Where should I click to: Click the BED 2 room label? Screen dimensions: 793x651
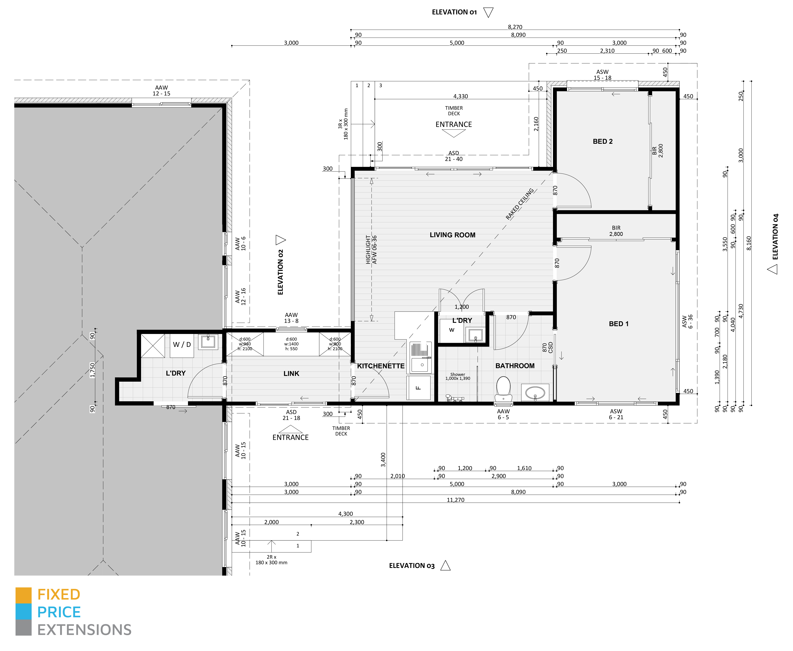click(603, 141)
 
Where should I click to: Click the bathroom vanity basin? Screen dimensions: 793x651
click(535, 393)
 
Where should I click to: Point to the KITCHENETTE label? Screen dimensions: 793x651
click(381, 366)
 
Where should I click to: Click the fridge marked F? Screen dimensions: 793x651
click(419, 388)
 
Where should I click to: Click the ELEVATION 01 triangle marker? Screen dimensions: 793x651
click(488, 12)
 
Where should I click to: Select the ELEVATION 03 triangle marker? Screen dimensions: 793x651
click(446, 566)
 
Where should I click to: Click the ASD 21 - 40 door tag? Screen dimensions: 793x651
click(454, 156)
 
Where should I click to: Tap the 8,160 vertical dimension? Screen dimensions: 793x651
click(749, 243)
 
